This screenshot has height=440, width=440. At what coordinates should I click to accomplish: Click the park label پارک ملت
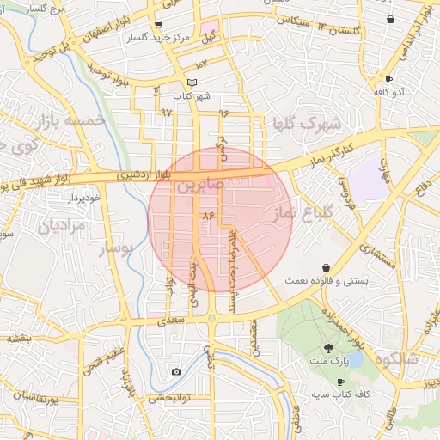pos(330,362)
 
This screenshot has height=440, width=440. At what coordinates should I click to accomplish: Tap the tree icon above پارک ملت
pos(330,348)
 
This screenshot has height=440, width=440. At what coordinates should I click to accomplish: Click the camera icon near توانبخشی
pos(176,371)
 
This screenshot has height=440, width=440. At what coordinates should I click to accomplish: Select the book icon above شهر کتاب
pos(192,82)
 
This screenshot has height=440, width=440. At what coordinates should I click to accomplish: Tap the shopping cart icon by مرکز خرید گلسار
pos(157,25)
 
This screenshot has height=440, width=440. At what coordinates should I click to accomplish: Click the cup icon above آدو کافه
pos(389,78)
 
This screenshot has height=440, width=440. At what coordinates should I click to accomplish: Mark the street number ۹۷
pos(166,113)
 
